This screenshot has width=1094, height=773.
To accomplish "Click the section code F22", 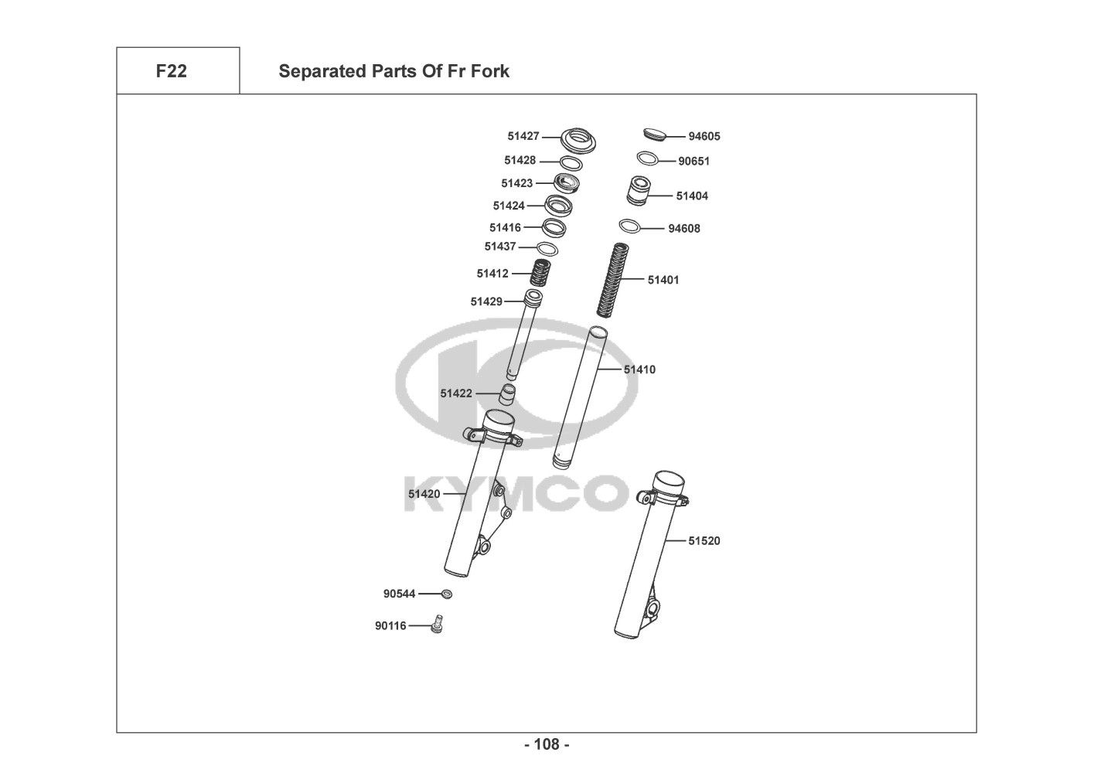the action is pos(171,71).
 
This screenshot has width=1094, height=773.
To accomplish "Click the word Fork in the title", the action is pos(491,71).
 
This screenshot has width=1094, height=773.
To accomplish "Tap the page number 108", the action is pos(547,744).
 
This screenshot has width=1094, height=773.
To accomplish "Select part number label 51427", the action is pos(523,136).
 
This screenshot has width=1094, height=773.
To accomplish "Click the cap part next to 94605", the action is pos(656,135).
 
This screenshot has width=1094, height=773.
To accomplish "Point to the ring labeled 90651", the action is pos(647,158).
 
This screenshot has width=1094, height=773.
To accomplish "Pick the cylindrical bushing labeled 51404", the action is pos(639,192).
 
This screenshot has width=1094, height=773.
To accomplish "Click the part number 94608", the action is pos(684,229).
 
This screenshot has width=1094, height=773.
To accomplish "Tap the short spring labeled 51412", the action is pos(540,272).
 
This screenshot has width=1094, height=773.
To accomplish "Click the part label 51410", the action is pos(639,369).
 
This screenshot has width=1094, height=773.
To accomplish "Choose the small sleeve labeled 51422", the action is pos(506,393).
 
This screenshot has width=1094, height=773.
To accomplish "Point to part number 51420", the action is pos(424,494).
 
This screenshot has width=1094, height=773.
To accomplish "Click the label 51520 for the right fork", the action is pos(704,541).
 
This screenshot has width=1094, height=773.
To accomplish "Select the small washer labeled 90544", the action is pos(446,594).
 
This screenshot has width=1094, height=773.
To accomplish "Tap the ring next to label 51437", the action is pos(547,249).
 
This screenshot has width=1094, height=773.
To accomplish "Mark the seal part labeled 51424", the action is pos(557,206).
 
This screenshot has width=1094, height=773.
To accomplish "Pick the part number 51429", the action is pos(486,301).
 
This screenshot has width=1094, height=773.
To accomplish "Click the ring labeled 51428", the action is pos(571,163).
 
